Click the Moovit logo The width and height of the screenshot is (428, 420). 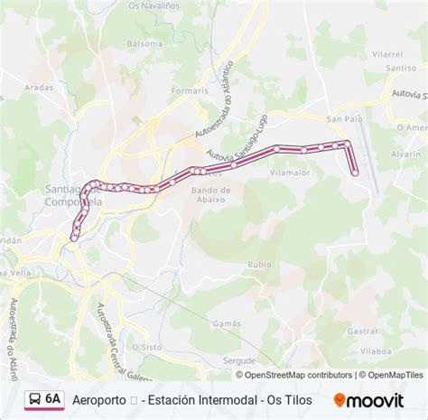coord(370,398)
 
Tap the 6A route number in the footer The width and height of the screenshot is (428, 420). coord(54,397)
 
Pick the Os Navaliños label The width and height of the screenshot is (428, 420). coord(152,8)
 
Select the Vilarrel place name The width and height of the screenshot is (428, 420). coord(387,54)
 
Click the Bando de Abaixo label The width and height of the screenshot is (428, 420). coord(212,195)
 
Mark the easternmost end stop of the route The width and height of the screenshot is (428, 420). coord(355,173)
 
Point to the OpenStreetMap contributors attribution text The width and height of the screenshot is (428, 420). coord(295,375)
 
